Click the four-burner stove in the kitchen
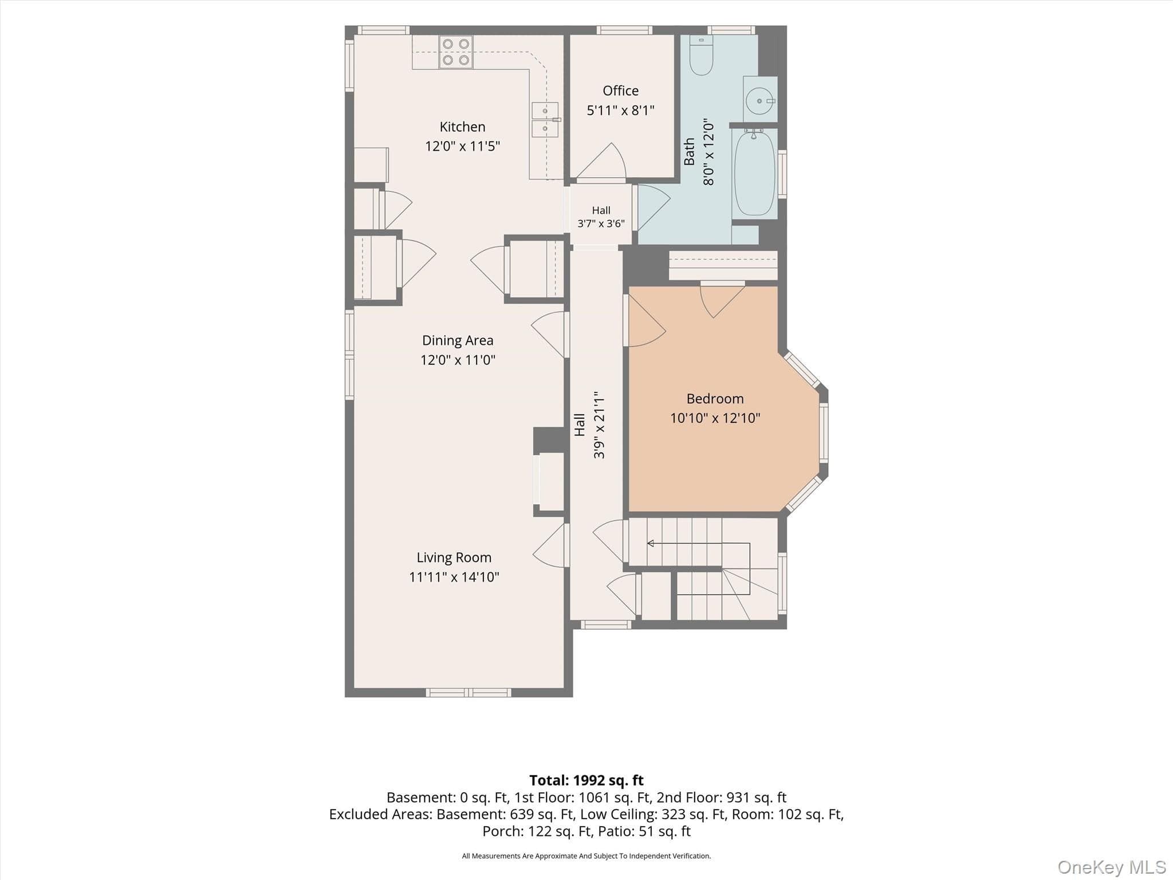[x=456, y=52]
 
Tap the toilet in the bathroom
[x=701, y=55]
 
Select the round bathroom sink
[x=760, y=101]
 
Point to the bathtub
[x=754, y=172]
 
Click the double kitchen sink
[x=545, y=120]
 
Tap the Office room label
[x=620, y=91]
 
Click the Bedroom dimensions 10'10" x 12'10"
[x=715, y=418]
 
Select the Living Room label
[x=454, y=557]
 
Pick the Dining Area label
[x=458, y=340]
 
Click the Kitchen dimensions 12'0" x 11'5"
[x=462, y=146]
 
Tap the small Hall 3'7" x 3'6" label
[x=601, y=217]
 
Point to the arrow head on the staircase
[x=651, y=543]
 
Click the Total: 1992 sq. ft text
[x=586, y=780]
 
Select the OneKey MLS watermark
[x=1112, y=867]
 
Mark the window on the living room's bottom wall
[x=469, y=693]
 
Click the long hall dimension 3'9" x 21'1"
[x=599, y=425]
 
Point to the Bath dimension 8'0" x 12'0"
[x=708, y=152]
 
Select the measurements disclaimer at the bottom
[x=586, y=856]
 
